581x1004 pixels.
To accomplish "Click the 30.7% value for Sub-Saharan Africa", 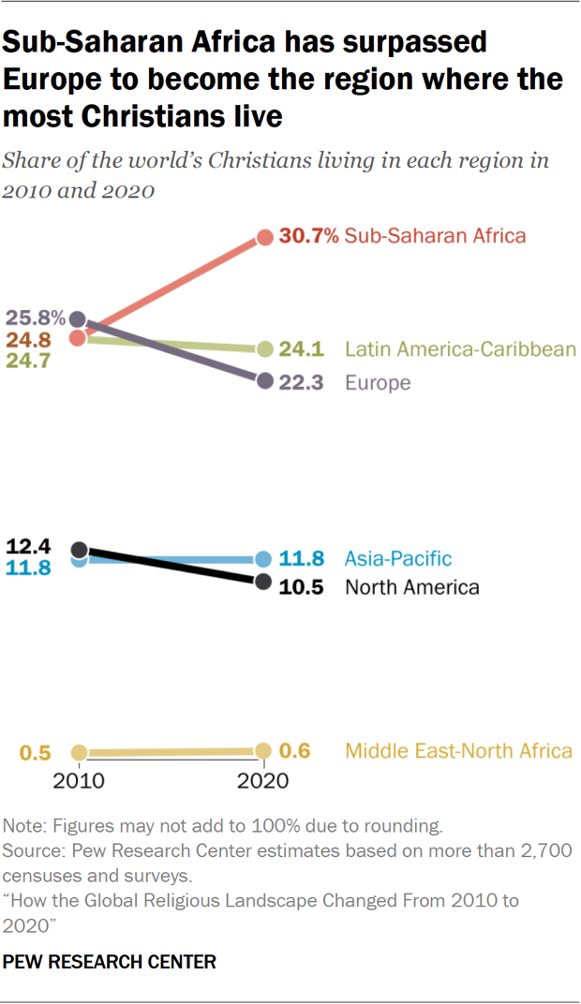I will pyautogui.click(x=308, y=236).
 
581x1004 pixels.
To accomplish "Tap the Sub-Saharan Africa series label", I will pyautogui.click(x=435, y=236).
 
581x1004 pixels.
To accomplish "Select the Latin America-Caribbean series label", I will pyautogui.click(x=460, y=349).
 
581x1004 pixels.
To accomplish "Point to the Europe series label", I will pyautogui.click(x=378, y=382).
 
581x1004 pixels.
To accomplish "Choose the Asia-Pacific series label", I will pyautogui.click(x=398, y=559).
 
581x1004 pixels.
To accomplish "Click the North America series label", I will pyautogui.click(x=412, y=587).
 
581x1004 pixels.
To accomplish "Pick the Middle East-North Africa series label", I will pyautogui.click(x=458, y=751).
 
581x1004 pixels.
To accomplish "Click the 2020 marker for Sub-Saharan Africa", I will pyautogui.click(x=264, y=237).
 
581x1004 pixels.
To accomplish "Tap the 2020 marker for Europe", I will pyautogui.click(x=264, y=381).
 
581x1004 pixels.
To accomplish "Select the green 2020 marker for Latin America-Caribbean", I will pyautogui.click(x=264, y=349).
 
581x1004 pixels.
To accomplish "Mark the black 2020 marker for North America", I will pyautogui.click(x=264, y=583).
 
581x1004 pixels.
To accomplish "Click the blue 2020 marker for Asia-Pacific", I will pyautogui.click(x=264, y=559).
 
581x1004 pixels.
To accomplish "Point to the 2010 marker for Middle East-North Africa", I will pyautogui.click(x=80, y=752).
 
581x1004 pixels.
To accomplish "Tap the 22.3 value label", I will pyautogui.click(x=302, y=382).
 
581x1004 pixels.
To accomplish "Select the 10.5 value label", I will pyautogui.click(x=302, y=587).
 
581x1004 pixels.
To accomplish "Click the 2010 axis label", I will pyautogui.click(x=80, y=780).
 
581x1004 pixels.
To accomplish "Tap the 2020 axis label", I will pyautogui.click(x=263, y=780).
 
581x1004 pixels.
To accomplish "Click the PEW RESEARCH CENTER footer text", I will pyautogui.click(x=110, y=961).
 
